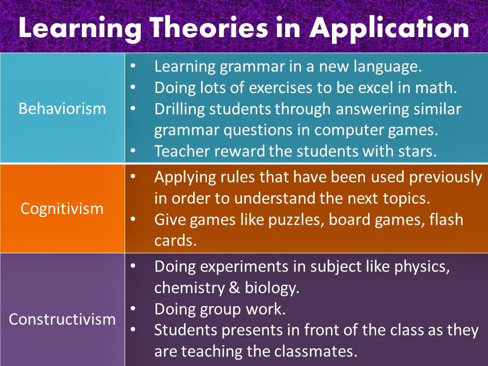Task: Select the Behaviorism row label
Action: (62, 109)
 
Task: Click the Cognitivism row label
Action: (62, 208)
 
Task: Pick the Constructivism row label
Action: (62, 319)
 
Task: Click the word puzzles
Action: (294, 220)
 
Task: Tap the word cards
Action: (175, 240)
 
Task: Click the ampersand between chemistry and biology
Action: (234, 288)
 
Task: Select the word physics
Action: (422, 267)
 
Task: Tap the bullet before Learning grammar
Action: (133, 66)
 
